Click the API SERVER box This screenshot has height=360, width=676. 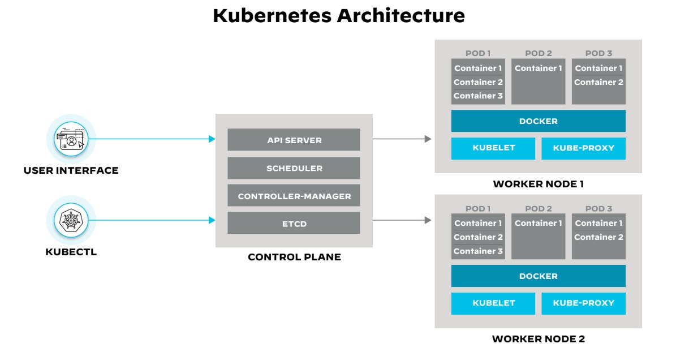[294, 139]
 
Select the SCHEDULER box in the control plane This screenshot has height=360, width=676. [294, 168]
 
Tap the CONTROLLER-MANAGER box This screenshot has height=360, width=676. [294, 196]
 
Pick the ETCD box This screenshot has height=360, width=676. [294, 223]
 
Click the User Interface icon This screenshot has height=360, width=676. [71, 139]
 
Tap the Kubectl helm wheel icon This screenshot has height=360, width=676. [71, 220]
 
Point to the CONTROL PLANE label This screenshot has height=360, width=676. [294, 257]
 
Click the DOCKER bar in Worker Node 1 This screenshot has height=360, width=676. [538, 121]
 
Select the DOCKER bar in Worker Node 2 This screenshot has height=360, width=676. [538, 276]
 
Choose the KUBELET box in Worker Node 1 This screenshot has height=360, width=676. [493, 148]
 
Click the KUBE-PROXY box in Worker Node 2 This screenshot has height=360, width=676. [583, 303]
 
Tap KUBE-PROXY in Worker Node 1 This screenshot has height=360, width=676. [583, 148]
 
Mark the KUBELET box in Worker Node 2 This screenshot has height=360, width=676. [493, 303]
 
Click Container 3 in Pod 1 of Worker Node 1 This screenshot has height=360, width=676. [478, 96]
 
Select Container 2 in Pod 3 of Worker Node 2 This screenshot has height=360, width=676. [599, 237]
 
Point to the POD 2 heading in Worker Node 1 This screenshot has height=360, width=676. [538, 53]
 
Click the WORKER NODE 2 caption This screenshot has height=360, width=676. [538, 339]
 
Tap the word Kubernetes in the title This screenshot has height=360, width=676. [272, 15]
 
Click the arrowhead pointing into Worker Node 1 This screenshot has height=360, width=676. [428, 139]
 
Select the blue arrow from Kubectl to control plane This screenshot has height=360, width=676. [153, 220]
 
